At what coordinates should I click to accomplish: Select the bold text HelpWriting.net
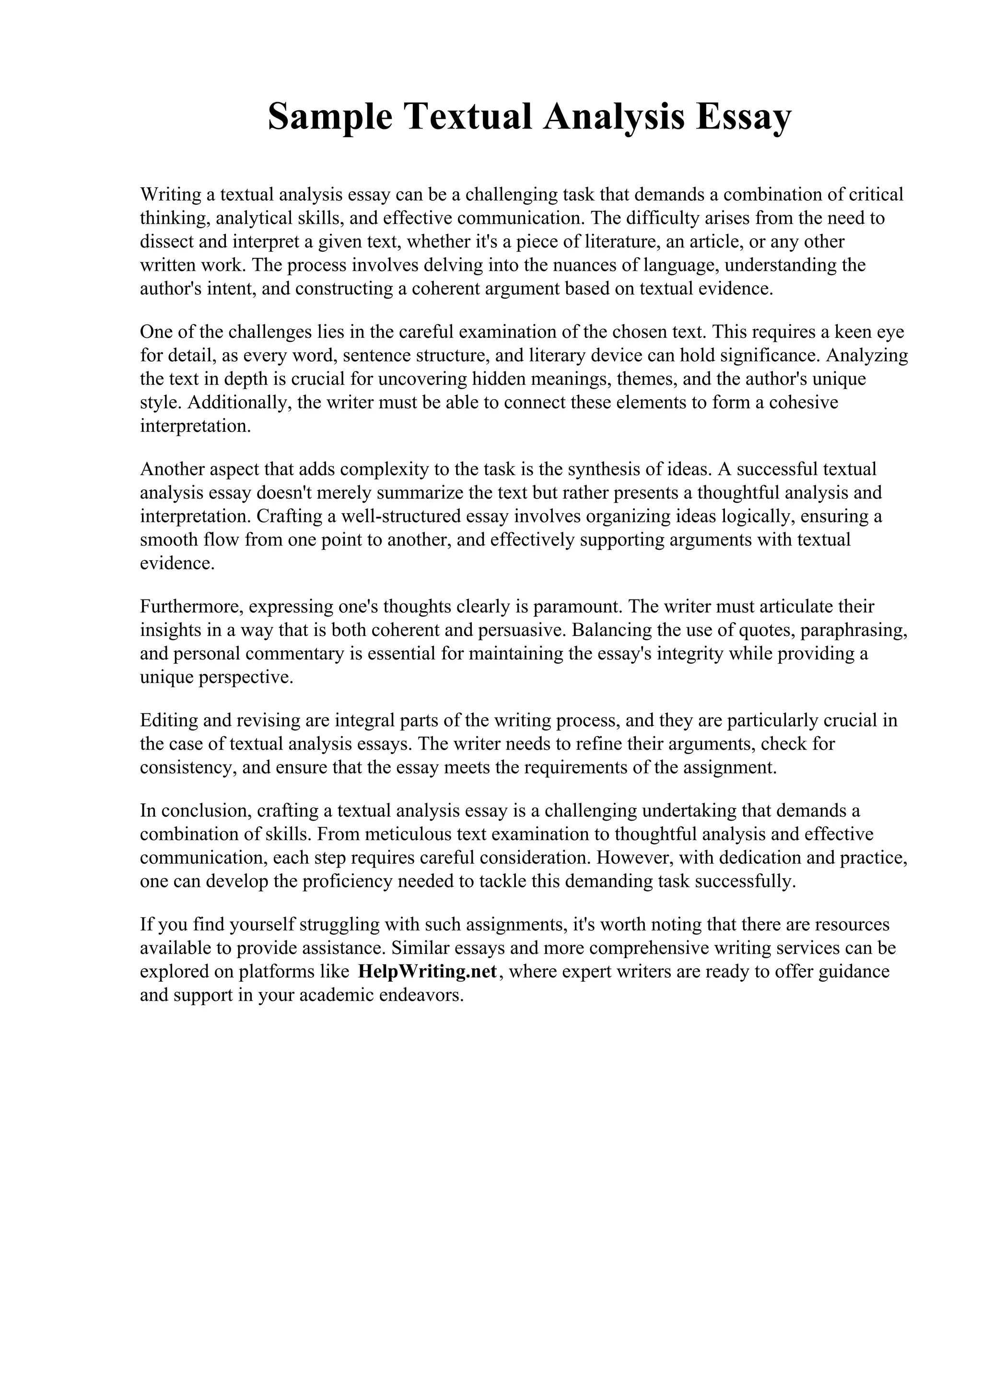point(427,971)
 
